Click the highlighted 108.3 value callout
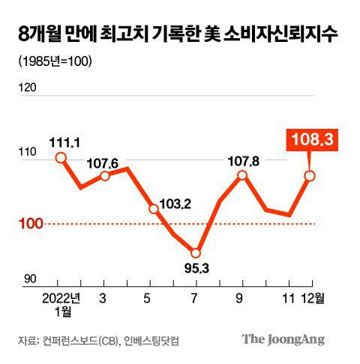click(309, 139)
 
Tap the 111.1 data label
click(63, 141)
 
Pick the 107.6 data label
click(108, 162)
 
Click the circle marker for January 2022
click(61, 157)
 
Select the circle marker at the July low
click(196, 253)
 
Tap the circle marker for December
click(309, 176)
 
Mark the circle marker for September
click(241, 175)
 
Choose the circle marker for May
click(153, 209)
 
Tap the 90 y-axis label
click(28, 279)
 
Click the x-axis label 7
click(196, 297)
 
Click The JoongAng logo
click(283, 339)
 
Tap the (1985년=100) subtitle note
click(49, 61)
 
